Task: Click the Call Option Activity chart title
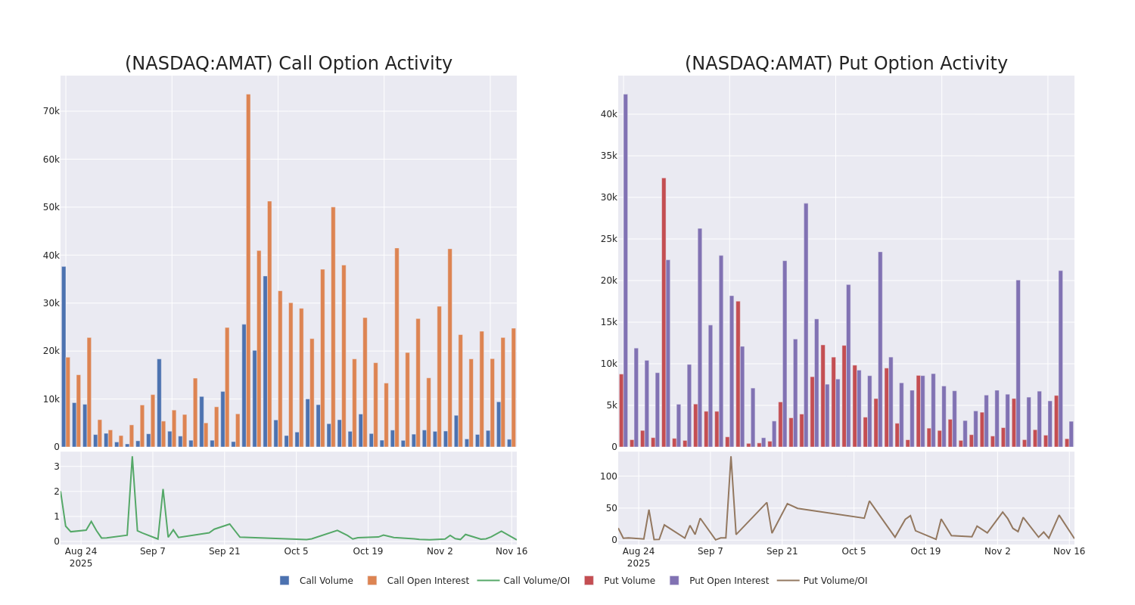[288, 64]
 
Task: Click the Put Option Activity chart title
[846, 64]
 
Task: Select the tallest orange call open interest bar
[248, 270]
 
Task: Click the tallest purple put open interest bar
[625, 270]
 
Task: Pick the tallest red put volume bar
[664, 312]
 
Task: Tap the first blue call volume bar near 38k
[64, 356]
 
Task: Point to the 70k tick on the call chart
[51, 111]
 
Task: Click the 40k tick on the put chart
[608, 114]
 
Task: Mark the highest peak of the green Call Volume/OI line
[132, 457]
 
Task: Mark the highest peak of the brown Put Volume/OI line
[730, 457]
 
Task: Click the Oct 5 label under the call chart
[296, 551]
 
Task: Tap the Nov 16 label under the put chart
[1068, 551]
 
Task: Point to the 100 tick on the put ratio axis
[608, 476]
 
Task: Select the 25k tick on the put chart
[608, 239]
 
